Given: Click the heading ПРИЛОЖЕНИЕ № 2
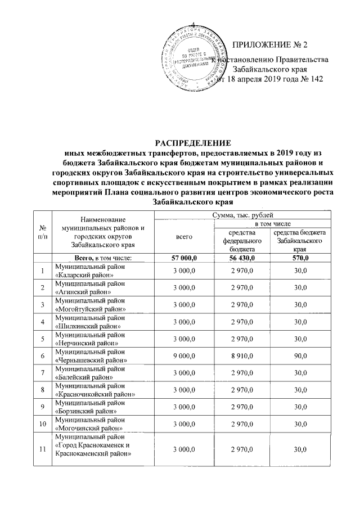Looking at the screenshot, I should [271, 45].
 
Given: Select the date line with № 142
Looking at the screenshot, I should [271, 79].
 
